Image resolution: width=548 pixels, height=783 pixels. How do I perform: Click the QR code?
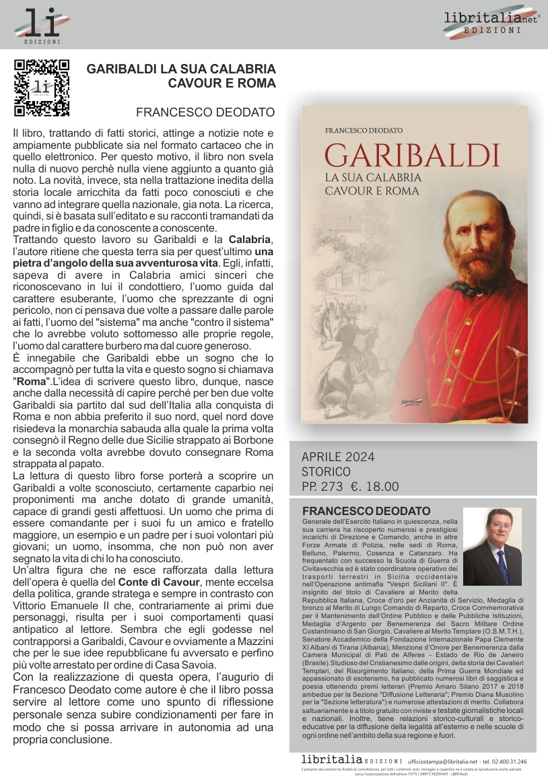(x=42, y=88)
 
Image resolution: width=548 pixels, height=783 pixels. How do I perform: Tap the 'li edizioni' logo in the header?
(x=42, y=26)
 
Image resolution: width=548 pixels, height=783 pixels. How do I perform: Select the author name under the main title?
(x=205, y=112)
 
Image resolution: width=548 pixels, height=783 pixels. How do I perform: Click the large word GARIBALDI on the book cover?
(x=412, y=154)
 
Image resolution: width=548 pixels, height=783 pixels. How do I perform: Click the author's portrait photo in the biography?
(x=492, y=546)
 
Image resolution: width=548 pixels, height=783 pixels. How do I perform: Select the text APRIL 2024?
(x=338, y=457)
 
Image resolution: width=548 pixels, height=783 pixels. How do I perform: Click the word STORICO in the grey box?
(x=326, y=472)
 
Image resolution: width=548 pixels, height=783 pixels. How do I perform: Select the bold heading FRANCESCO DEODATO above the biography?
(x=366, y=511)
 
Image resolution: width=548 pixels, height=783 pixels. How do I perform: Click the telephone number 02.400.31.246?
(x=508, y=761)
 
